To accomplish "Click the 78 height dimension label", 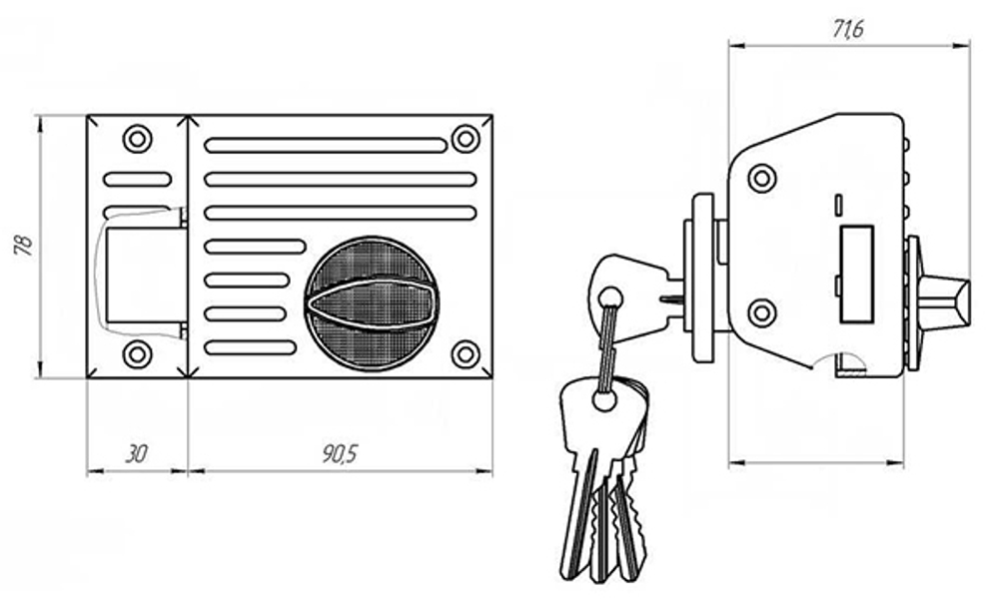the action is [24, 245].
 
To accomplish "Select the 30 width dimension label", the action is [136, 454].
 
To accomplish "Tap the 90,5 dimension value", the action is [341, 453].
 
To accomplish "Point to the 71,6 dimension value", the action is [848, 29].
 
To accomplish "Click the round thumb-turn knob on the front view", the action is [371, 303].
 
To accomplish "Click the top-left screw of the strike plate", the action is [137, 138].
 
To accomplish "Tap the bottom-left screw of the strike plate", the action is [137, 354].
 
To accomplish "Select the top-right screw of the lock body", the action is [466, 139].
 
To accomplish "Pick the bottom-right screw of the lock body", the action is [466, 354].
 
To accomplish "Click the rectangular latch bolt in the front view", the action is [146, 275].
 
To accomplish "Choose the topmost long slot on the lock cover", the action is [326, 145].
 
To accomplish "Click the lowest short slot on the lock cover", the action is [251, 347].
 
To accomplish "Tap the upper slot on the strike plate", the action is [138, 179].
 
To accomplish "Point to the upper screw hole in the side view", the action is [762, 178].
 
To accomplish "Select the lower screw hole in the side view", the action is [762, 313].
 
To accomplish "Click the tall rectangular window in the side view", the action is [857, 275].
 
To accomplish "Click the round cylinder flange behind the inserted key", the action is [703, 279].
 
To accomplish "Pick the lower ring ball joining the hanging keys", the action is [604, 400].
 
